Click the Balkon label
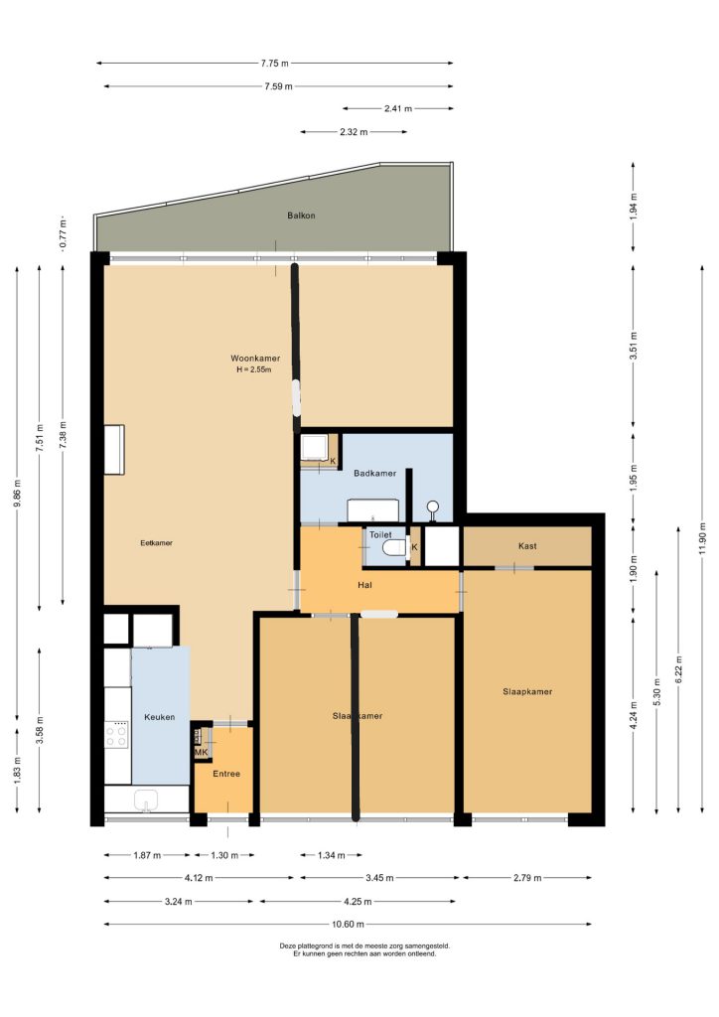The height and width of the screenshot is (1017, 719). (x=301, y=216)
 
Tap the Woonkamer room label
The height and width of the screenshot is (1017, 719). (x=255, y=358)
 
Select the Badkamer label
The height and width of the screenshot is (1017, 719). (x=374, y=474)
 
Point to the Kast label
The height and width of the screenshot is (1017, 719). (x=527, y=546)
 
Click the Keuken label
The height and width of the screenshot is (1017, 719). (x=160, y=717)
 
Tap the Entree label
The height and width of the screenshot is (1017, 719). (x=226, y=774)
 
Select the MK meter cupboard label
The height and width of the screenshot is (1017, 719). (x=202, y=753)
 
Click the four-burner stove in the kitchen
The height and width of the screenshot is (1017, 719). (x=117, y=734)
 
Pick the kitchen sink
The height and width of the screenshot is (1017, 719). (x=147, y=800)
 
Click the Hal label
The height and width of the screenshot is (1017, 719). (x=365, y=585)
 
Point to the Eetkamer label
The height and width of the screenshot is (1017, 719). (x=156, y=543)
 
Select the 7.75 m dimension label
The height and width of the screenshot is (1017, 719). (x=275, y=64)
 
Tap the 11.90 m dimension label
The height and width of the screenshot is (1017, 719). (x=703, y=537)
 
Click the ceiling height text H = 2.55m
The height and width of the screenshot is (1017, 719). (x=254, y=369)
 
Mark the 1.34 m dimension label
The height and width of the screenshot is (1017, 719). (x=332, y=855)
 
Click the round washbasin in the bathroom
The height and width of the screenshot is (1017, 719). (x=432, y=508)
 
